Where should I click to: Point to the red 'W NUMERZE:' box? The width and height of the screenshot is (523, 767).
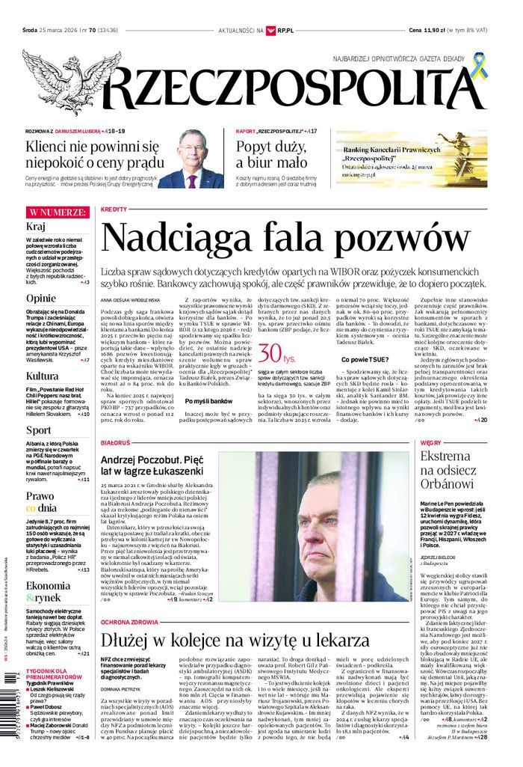(x=57, y=212)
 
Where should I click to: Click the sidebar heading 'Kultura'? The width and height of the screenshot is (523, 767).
(x=42, y=376)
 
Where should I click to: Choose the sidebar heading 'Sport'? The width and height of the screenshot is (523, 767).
(x=39, y=430)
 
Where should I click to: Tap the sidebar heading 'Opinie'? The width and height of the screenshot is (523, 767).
(x=41, y=298)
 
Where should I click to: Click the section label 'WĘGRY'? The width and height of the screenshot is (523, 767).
(x=431, y=443)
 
